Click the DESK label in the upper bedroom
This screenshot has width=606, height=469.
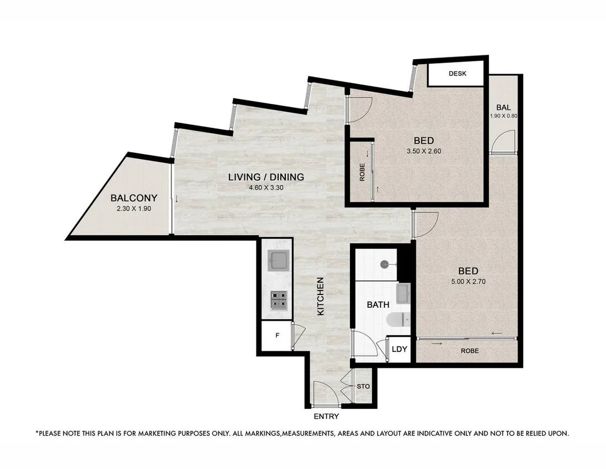(458, 73)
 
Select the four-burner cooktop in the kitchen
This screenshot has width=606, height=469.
(278, 300)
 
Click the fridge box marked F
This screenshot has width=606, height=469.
(276, 335)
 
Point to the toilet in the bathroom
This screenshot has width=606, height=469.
(398, 320)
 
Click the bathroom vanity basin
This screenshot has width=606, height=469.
(404, 293)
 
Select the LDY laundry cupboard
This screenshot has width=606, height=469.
(399, 349)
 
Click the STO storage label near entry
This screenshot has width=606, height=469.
(363, 387)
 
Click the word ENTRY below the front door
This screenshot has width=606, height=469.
(326, 417)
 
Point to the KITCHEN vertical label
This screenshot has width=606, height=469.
(320, 296)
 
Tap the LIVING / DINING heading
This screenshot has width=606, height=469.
(266, 177)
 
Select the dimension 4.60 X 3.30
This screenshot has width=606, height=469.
(266, 188)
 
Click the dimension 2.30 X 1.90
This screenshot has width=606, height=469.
(134, 209)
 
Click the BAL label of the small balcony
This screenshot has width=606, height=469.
(503, 107)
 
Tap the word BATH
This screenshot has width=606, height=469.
(378, 304)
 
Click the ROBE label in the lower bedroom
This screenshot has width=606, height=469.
(468, 351)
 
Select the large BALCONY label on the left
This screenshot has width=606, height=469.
(134, 198)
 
